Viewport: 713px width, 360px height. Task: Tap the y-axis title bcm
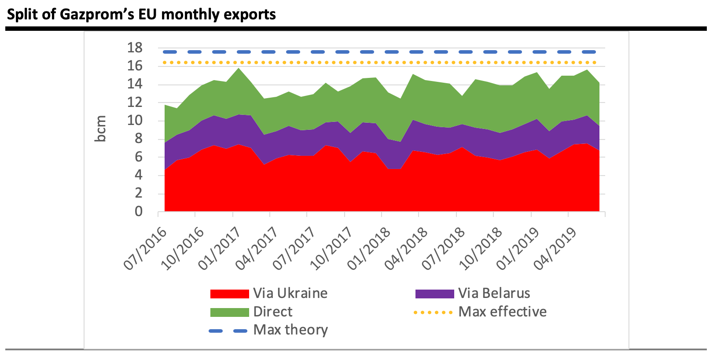coord(101,129)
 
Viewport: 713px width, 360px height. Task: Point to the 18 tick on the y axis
coord(135,48)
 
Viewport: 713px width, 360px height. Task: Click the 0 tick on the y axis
coord(138,212)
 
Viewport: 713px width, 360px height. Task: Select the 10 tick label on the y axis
coord(135,121)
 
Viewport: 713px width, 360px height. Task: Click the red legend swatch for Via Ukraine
coord(229,294)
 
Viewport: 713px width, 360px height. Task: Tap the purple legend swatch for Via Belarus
coord(434,294)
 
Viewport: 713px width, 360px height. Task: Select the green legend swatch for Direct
coord(229,312)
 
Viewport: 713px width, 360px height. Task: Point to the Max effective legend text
coord(502,312)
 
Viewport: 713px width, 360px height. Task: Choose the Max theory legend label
coord(290,330)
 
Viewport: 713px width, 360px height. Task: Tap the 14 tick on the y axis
coord(135,84)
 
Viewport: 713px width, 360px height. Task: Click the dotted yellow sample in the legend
coord(434,312)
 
